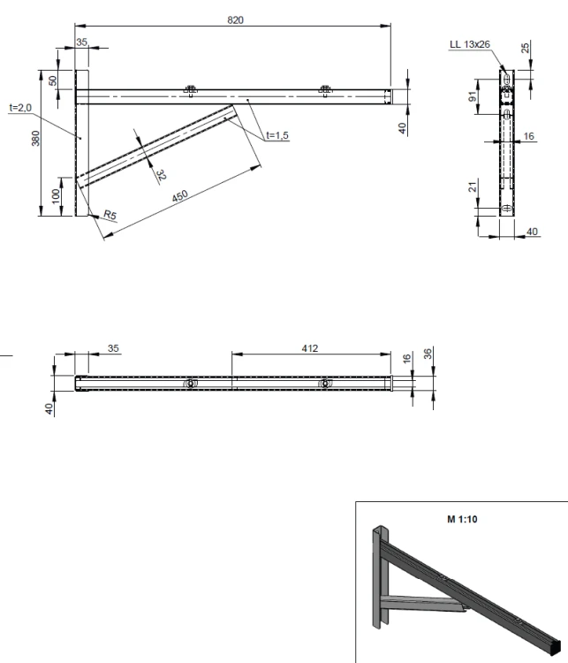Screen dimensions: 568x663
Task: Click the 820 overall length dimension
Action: click(235, 19)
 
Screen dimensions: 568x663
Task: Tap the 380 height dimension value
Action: click(35, 138)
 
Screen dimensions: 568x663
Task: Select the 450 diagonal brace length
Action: click(180, 196)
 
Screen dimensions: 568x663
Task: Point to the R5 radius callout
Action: click(110, 215)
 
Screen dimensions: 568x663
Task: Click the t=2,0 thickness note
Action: click(20, 108)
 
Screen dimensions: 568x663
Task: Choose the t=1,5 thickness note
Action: click(277, 135)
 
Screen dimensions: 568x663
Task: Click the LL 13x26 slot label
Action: click(470, 44)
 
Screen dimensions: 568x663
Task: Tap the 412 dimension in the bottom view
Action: click(310, 348)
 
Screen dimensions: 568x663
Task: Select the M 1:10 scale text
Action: click(462, 519)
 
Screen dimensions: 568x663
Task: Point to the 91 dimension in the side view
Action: click(473, 97)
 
